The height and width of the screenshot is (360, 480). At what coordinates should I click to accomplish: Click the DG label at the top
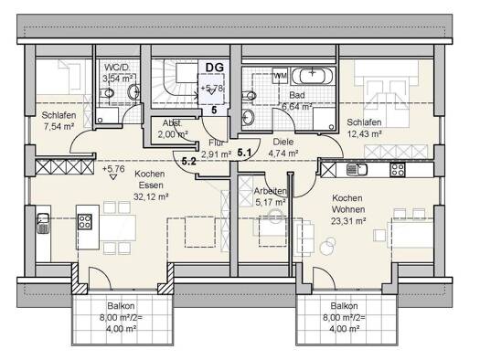214,67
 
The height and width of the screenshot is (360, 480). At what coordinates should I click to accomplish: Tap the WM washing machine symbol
280,72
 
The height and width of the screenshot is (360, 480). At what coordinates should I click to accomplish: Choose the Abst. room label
171,122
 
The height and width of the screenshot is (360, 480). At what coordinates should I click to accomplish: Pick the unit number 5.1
245,154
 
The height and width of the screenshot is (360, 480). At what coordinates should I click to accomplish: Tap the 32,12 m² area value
152,196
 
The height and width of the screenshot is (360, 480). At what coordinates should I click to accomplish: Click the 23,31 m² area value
348,220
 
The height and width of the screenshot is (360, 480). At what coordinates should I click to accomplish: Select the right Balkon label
344,308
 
